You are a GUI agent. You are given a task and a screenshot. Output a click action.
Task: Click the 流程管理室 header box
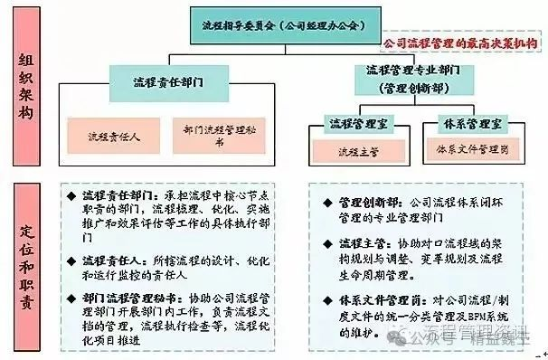[355, 124]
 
